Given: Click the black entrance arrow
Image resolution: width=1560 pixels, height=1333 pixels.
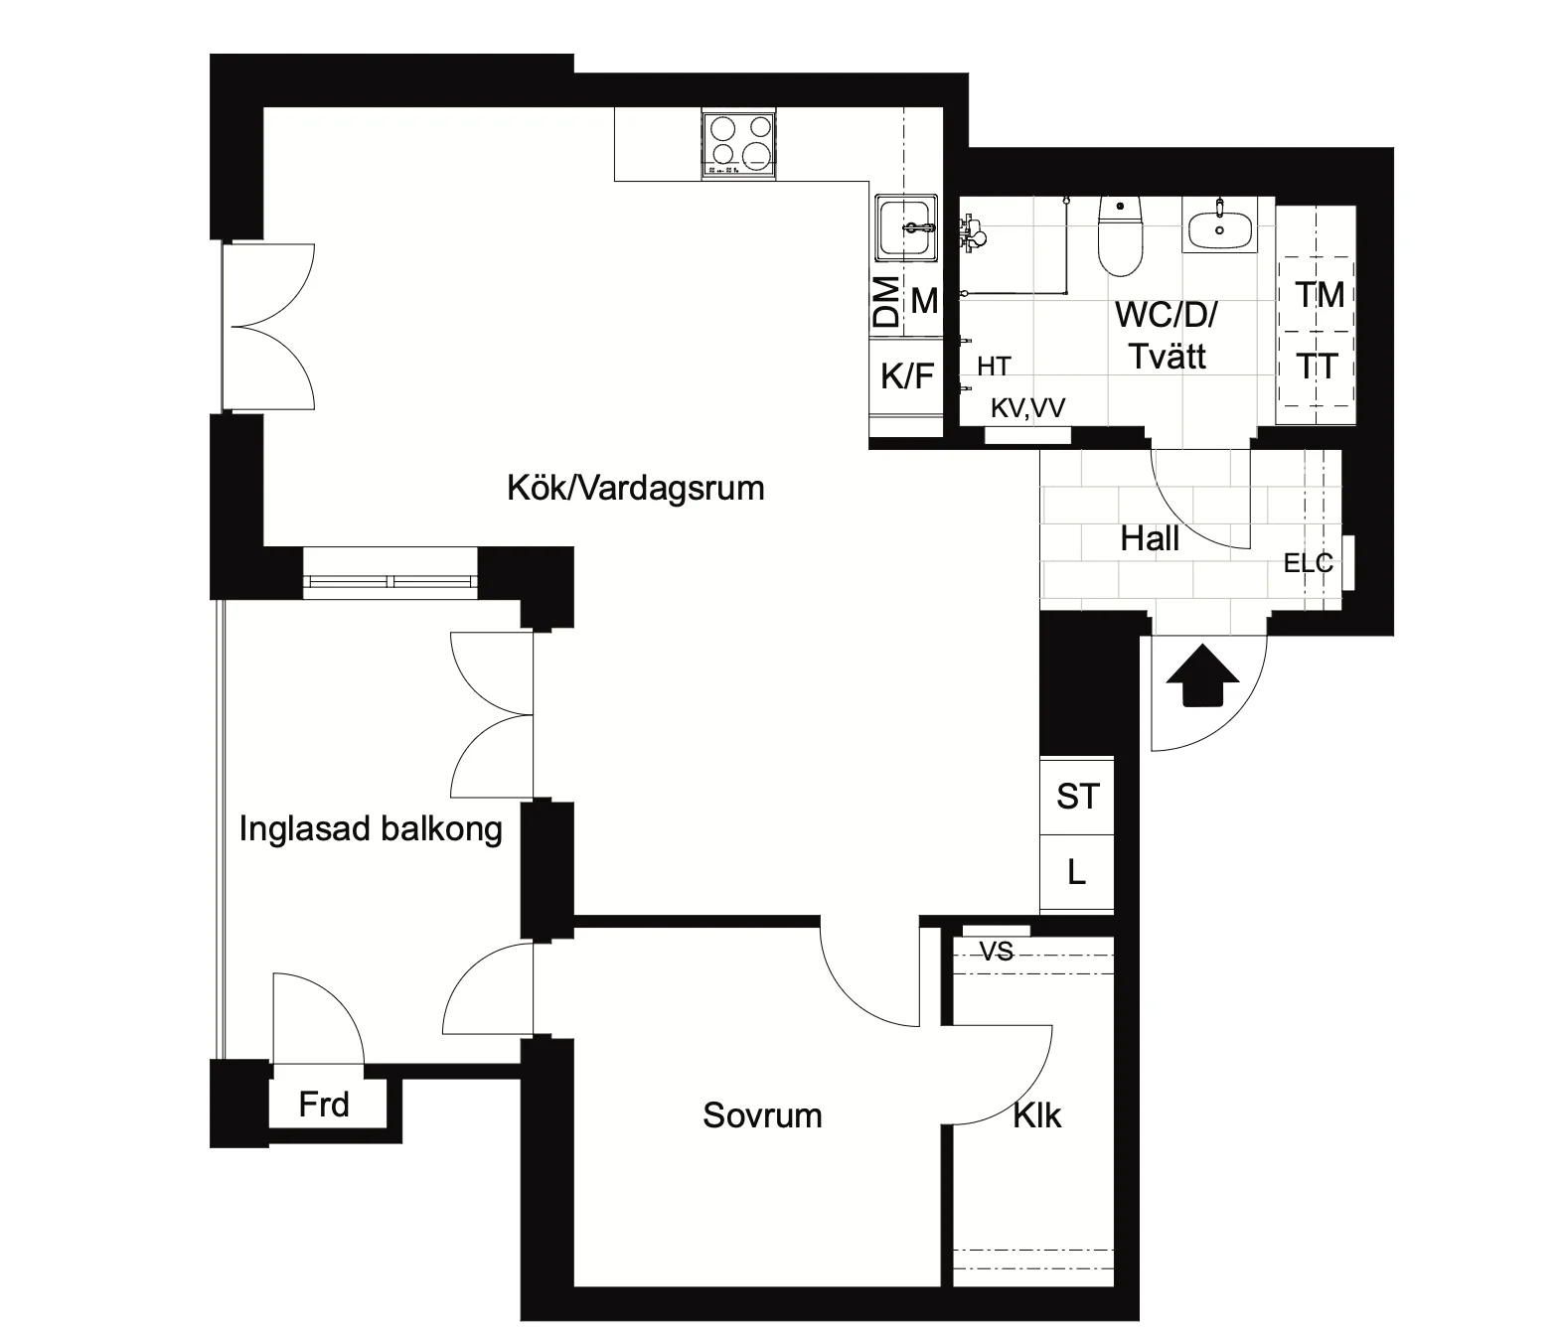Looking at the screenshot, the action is coord(1202,675).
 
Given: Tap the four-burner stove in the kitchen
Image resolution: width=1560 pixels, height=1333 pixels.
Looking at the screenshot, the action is coord(739,144).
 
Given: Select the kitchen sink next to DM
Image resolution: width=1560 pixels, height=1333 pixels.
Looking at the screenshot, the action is coord(906,227).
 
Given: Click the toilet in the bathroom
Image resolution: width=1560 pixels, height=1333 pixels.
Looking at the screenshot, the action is coord(1120,236).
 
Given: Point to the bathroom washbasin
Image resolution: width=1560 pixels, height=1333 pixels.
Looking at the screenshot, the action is coord(1219,225).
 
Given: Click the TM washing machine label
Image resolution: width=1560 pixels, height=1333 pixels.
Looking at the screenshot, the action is coord(1320,295).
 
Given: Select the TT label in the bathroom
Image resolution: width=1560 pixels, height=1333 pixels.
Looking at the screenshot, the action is coord(1318,367).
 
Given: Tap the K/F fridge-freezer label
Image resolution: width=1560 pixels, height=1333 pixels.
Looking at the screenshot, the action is coord(907,374).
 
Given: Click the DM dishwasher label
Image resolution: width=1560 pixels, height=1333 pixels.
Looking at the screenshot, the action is coord(886,302).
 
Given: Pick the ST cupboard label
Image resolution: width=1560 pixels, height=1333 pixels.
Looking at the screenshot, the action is coord(1078,797).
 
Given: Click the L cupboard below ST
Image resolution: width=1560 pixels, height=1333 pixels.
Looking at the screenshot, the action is coord(1077,873).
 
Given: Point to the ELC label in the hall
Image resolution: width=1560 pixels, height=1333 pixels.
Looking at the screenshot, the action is coord(1308,563).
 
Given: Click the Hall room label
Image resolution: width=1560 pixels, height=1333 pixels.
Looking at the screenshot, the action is coord(1150,538).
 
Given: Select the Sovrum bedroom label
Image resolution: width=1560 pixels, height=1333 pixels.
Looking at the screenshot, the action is coord(762,1115).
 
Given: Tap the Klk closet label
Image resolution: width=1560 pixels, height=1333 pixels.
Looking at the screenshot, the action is coord(1037,1115).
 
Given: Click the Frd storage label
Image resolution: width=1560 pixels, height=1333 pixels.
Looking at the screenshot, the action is coord(324,1105).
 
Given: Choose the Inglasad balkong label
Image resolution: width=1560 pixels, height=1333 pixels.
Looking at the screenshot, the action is coord(371,829).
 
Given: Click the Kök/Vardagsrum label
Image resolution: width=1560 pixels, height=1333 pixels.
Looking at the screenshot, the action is coord(636,488).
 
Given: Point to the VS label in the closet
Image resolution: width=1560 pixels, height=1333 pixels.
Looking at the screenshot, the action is coord(997,952).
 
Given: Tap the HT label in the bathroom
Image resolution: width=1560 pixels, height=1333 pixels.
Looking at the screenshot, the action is coord(994,367).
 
